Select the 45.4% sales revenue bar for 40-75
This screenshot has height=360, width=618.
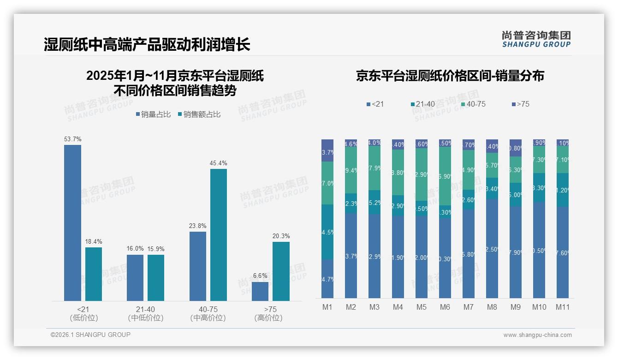[x=219, y=235]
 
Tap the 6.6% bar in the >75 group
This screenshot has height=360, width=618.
[x=260, y=291]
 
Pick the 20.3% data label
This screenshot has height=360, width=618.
[x=281, y=236]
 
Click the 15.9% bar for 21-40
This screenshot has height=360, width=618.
[x=156, y=278]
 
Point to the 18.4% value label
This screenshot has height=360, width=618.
[x=94, y=242]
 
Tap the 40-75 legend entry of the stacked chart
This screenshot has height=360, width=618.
[x=475, y=104]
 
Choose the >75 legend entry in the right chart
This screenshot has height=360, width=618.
[x=523, y=104]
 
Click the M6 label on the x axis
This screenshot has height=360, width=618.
[x=445, y=307]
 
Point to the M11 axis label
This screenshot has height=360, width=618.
[x=563, y=307]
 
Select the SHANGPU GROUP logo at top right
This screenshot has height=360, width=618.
[x=536, y=39]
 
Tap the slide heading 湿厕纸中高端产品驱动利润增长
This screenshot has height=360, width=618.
[x=147, y=45]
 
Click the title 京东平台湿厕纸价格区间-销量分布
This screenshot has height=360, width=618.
[x=450, y=76]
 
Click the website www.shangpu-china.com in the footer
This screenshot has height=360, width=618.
[x=537, y=335]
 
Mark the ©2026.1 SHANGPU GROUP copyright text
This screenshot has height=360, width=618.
[x=90, y=335]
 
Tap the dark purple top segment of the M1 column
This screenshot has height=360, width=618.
[x=327, y=150]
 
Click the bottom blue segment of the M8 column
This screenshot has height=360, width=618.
[x=492, y=248]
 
